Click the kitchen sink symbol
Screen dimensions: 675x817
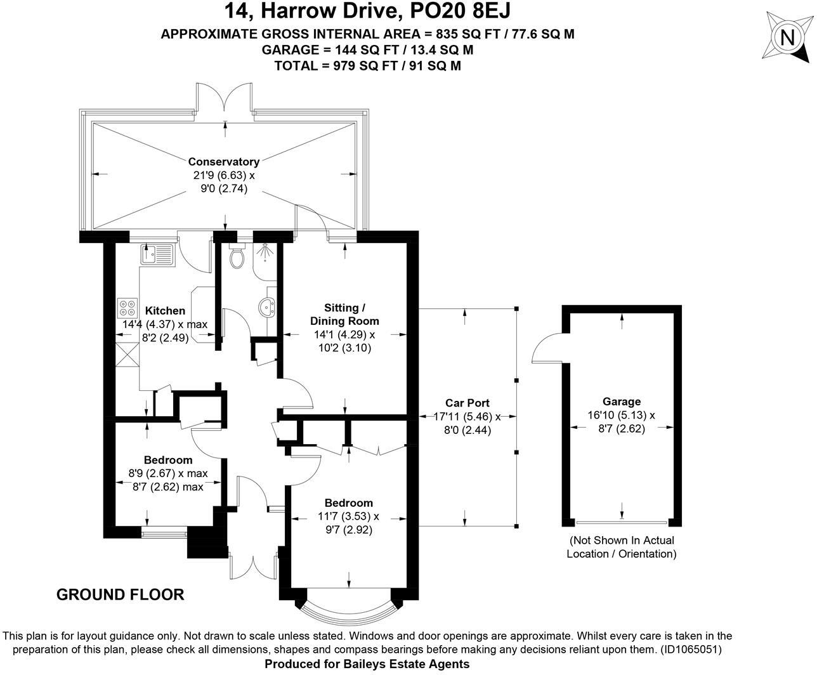[157, 254]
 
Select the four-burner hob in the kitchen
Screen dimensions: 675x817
[127, 308]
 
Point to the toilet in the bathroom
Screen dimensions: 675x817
[237, 257]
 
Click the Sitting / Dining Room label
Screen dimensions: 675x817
[344, 314]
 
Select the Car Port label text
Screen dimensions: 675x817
[467, 403]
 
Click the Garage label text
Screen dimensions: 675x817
[621, 402]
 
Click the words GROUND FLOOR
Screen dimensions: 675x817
[120, 595]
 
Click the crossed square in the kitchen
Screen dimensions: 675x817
[127, 354]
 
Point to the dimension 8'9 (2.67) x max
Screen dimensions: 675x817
[167, 473]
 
